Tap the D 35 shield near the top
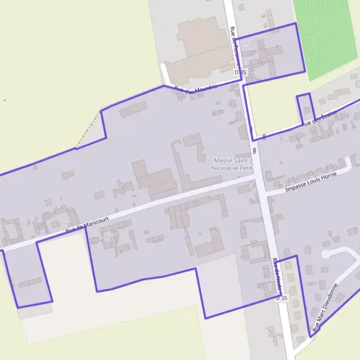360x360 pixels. point(241,72)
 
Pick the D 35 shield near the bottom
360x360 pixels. point(281,298)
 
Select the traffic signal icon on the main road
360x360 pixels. point(254,150)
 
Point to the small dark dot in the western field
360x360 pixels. point(5,100)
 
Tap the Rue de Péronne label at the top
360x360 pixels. point(235,46)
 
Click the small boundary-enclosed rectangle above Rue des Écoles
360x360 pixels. point(305,108)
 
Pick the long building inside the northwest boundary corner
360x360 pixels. point(133,109)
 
